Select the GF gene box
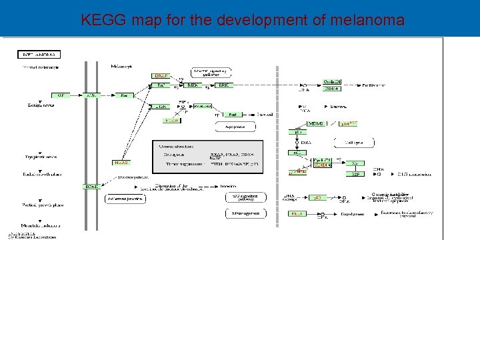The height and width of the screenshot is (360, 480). pos(61,95)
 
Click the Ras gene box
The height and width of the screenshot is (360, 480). pos(124,95)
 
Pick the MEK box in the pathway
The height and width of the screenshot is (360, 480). pos(193,85)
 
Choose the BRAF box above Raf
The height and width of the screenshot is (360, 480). pos(161,76)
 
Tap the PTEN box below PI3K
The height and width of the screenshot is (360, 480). pos(172,121)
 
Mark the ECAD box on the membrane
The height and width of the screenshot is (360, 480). pos(91,187)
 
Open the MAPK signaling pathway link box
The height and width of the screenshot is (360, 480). pos(211,71)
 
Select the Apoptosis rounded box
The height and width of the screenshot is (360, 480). pos(236,125)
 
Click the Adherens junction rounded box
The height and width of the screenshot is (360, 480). pos(125,199)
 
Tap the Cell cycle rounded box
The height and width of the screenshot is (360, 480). pos(353,142)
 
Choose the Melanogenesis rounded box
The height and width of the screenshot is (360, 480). pos(245,213)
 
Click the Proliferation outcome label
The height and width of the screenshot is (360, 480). pos(373,86)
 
